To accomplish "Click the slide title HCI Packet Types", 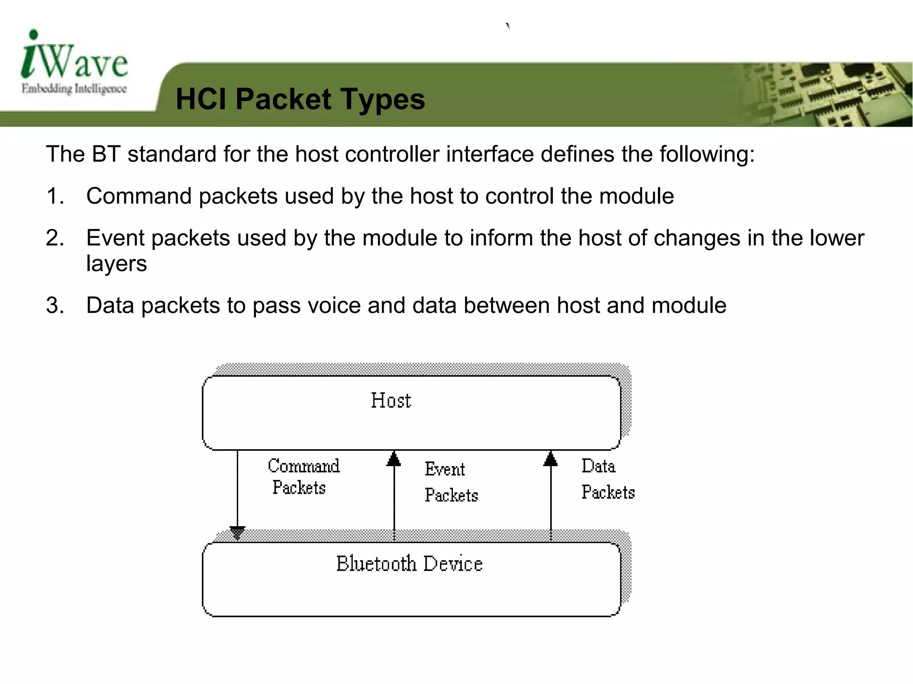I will pyautogui.click(x=300, y=99).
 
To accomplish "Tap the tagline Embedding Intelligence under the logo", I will pyautogui.click(x=74, y=89).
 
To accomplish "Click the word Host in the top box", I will pyautogui.click(x=391, y=400).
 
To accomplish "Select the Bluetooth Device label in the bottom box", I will pyautogui.click(x=409, y=564).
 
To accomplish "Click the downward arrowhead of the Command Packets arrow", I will pyautogui.click(x=237, y=532).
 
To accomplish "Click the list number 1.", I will pyautogui.click(x=55, y=197).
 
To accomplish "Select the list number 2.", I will pyautogui.click(x=55, y=238).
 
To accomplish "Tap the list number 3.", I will pyautogui.click(x=55, y=306).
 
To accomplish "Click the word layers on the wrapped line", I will pyautogui.click(x=116, y=264).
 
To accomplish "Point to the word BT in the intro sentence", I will pyautogui.click(x=106, y=154).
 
